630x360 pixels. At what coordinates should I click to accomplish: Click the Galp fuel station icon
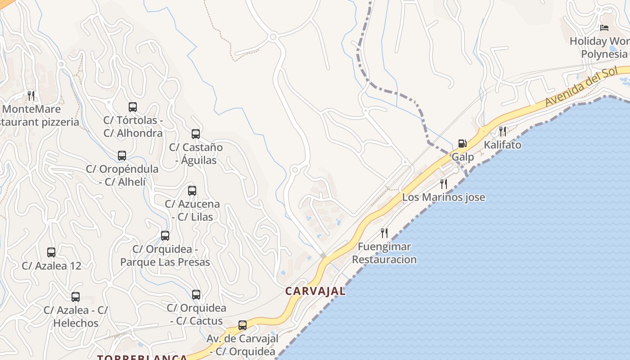462,144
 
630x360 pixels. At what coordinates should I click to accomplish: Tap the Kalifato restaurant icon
502,131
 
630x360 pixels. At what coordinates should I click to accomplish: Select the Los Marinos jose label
443,197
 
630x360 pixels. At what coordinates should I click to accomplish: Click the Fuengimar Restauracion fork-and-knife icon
384,233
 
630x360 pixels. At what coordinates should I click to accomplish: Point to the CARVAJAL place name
315,291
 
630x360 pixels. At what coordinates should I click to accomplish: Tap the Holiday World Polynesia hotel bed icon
604,28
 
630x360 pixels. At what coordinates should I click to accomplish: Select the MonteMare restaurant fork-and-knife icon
31,95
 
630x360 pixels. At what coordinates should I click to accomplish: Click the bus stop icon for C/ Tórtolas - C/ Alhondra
132,107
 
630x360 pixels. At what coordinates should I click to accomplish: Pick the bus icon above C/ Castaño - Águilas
195,134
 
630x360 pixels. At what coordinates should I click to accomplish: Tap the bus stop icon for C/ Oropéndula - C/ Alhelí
121,156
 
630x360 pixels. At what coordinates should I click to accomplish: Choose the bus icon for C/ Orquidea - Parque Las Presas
165,236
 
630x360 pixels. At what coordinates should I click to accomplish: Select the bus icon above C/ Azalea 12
51,252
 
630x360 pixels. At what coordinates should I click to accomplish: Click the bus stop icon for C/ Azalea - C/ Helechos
76,297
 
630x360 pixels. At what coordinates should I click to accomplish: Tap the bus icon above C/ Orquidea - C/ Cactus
196,295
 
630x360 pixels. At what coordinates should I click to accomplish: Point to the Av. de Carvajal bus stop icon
243,325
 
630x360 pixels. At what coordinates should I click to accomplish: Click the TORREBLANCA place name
142,357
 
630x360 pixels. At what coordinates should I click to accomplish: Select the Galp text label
463,157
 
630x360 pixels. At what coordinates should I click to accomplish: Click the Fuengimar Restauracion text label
384,253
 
